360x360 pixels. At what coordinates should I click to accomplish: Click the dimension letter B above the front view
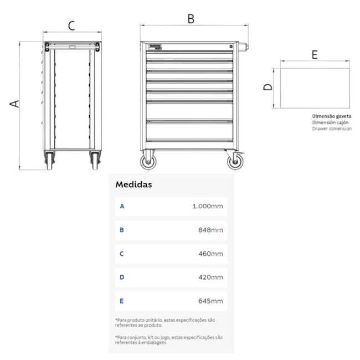coord(191,18)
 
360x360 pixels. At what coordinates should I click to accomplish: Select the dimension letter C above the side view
coord(71,25)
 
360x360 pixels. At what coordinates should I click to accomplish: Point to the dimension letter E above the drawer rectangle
coord(314,54)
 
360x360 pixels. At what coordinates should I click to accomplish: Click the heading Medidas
coord(133,184)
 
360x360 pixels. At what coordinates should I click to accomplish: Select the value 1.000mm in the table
coord(207,207)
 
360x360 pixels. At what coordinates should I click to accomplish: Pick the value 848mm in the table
coord(211,230)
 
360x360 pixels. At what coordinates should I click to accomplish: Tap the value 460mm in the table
coord(211,254)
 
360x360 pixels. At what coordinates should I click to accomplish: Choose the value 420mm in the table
coord(211,277)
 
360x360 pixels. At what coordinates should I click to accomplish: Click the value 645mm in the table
coord(211,301)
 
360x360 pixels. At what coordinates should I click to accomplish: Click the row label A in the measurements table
coord(122,207)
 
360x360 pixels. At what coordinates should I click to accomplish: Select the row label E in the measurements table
coord(122,301)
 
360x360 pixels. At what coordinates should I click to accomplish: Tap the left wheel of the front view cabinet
coord(148,161)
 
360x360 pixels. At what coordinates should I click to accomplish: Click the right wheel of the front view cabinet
coord(234,161)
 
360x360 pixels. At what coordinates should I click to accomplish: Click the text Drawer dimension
coord(332,128)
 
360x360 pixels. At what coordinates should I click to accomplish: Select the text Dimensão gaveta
coord(332,116)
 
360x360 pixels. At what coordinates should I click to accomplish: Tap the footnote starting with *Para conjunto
coord(168,340)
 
